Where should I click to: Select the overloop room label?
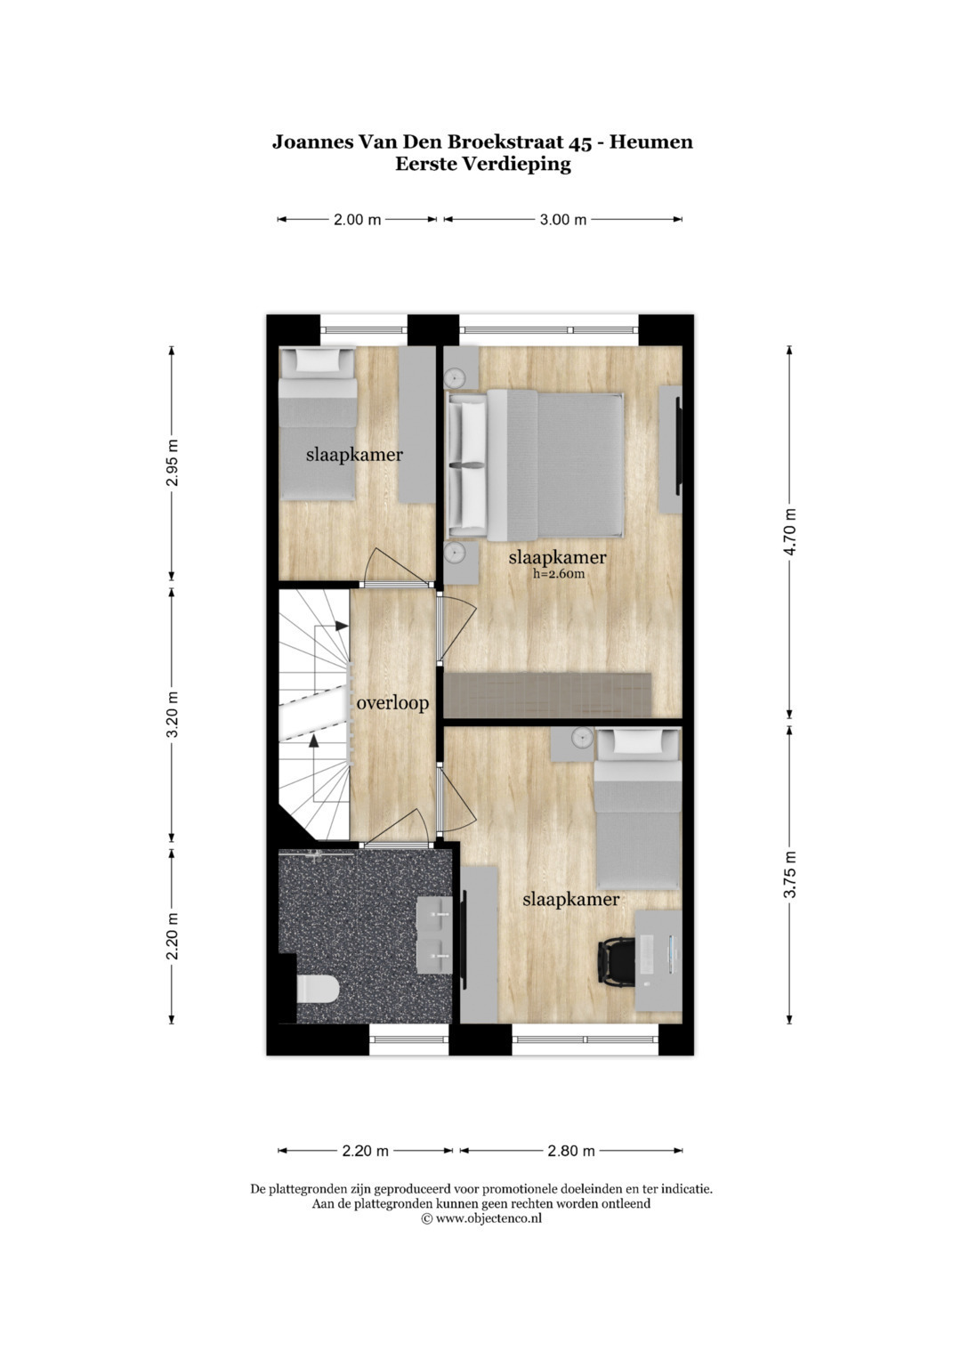click(392, 703)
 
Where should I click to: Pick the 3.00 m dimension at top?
click(563, 220)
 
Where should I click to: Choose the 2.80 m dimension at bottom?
click(571, 1151)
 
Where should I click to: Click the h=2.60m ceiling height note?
click(559, 574)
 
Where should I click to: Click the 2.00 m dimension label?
click(358, 220)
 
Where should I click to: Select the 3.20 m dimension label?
click(173, 715)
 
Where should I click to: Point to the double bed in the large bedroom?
click(535, 465)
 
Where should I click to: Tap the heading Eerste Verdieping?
click(483, 165)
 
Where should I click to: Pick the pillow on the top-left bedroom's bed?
click(318, 360)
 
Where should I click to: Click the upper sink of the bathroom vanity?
click(434, 916)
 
